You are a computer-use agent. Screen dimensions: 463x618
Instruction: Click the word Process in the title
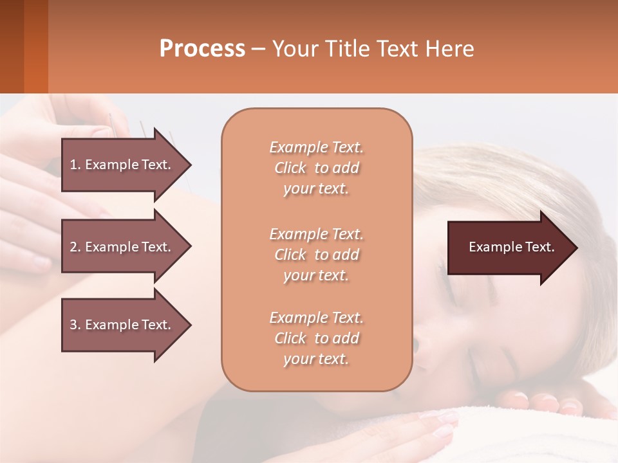pos(202,49)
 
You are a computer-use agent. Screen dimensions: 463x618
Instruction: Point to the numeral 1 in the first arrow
pos(73,165)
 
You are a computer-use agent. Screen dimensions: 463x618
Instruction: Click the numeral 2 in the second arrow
pos(73,247)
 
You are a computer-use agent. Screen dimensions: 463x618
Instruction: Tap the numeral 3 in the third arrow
pos(73,325)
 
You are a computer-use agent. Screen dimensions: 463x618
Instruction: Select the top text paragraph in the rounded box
pos(316,168)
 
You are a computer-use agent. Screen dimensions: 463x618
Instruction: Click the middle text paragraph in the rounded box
pos(316,255)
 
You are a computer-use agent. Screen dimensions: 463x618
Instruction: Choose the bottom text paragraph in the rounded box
pos(316,338)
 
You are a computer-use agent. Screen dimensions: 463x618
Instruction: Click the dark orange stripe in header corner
pos(35,46)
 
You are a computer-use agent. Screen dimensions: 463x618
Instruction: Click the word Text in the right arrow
pos(541,247)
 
